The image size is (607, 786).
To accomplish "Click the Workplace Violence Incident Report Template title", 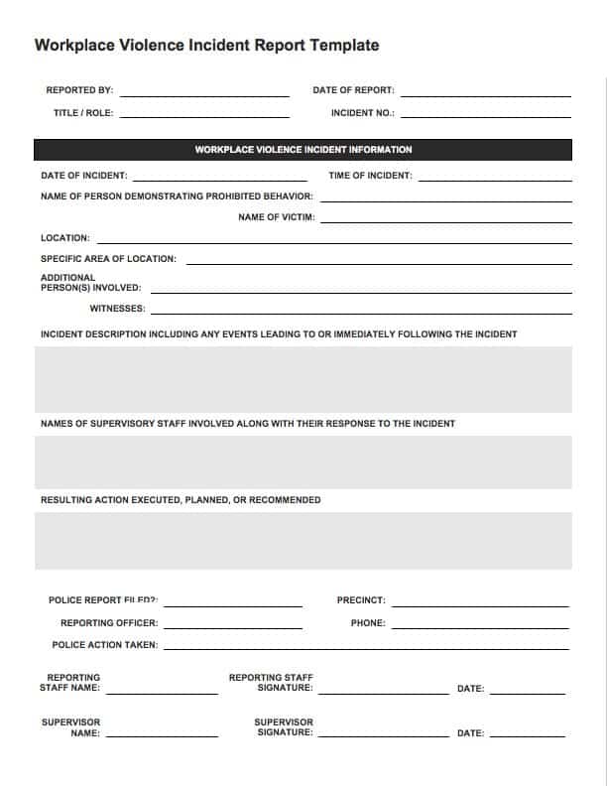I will pos(206,46).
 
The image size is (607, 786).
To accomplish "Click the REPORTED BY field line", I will pos(204,94).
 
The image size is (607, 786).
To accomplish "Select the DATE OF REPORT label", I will pos(353,90).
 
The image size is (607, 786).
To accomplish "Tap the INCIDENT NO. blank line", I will pos(486,117).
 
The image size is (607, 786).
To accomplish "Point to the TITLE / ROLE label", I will pos(83,113).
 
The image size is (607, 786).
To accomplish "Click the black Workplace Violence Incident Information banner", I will pos(303,150).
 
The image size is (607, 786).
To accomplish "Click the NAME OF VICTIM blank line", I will pos(445,220).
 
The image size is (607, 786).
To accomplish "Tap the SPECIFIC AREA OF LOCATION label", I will pos(108,259).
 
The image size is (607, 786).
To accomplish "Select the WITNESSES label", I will pos(117,309).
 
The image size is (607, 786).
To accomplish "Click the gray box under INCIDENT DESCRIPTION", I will pos(303,379).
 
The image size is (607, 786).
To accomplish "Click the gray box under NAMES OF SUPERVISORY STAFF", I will pos(303,461).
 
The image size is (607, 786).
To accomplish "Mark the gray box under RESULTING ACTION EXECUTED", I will pos(303,540).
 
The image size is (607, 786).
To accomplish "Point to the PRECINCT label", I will pos(361,600).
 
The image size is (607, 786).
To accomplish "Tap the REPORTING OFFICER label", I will pos(109,623).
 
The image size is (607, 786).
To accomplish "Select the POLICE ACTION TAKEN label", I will pos(104,645).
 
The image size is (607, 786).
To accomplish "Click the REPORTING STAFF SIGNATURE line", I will pos(384,693).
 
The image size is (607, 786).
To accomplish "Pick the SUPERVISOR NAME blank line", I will pos(163,738).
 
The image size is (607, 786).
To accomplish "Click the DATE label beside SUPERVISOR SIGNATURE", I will pos(470,733).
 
